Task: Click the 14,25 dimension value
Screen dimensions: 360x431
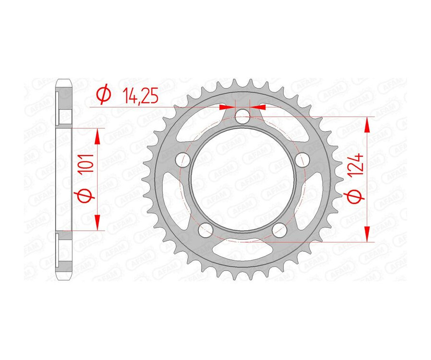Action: [139, 96]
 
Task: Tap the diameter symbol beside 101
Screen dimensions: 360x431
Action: [86, 195]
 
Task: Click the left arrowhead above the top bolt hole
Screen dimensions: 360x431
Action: [229, 106]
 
